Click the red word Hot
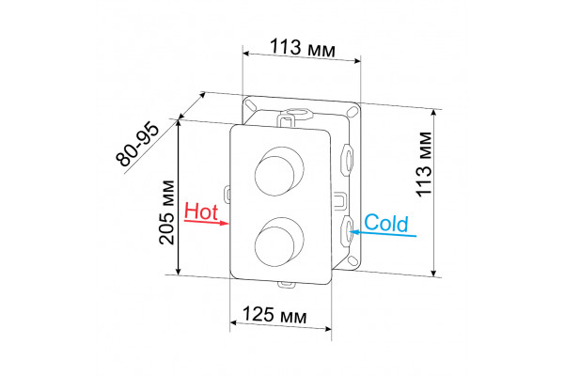click(201, 211)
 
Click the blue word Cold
click(386, 223)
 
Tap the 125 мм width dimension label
click(274, 316)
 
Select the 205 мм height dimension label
click(166, 212)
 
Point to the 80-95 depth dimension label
click(137, 145)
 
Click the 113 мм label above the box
click(303, 48)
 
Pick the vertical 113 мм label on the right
click(424, 164)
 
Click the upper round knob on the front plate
click(279, 171)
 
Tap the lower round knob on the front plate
click(279, 243)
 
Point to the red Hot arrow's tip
click(228, 224)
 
